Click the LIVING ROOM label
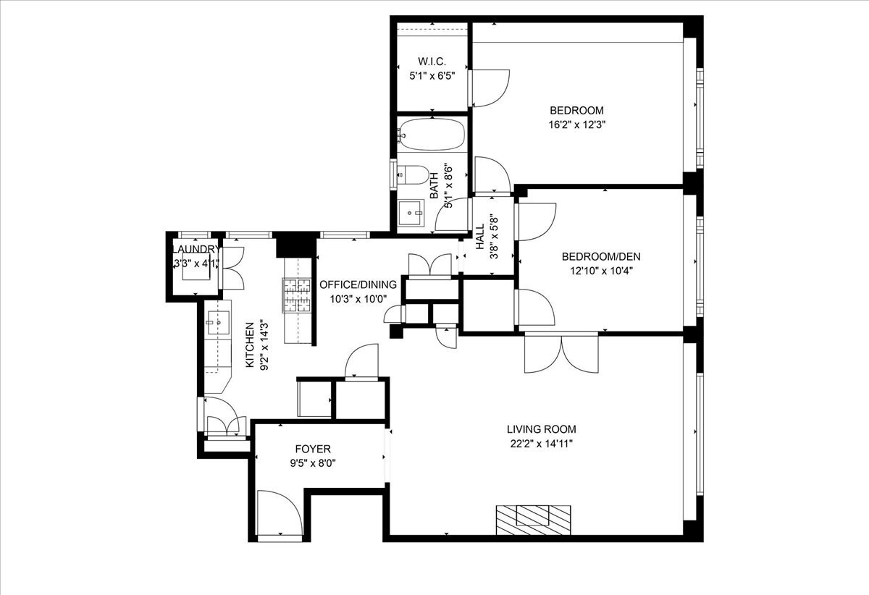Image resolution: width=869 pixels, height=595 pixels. tap(541, 429)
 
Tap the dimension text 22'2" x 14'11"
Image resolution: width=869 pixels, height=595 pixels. tap(541, 443)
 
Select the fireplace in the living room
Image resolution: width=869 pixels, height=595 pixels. tap(532, 517)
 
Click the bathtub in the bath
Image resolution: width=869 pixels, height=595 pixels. tap(431, 134)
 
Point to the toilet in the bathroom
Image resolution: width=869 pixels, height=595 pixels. tap(413, 174)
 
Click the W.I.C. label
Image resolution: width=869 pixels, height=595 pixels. tap(431, 61)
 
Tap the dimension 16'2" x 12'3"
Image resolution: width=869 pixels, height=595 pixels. tap(576, 124)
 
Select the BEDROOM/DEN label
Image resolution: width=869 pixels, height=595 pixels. tap(601, 256)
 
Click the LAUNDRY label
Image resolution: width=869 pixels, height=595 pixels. tap(193, 250)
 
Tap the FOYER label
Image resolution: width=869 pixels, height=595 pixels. tap(313, 449)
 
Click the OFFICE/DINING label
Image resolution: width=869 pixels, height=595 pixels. tap(353, 284)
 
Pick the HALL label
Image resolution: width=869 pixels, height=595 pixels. tap(479, 237)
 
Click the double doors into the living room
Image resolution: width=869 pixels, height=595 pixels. tap(562, 354)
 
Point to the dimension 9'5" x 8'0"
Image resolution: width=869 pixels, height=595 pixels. tap(313, 463)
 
